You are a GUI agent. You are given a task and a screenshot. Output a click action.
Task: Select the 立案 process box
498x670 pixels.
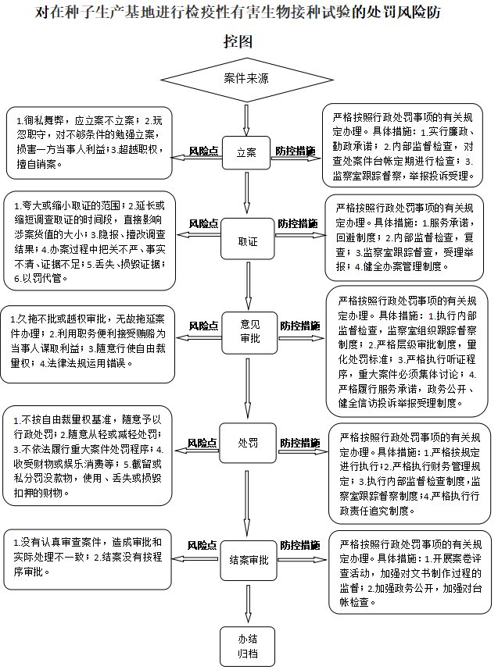pos(246,152)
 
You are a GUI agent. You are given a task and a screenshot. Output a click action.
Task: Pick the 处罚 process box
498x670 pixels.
pos(246,443)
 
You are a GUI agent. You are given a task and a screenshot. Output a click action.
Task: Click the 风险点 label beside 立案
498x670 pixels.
pos(203,151)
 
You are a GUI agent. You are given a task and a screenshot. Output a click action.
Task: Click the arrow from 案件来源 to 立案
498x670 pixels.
pos(246,119)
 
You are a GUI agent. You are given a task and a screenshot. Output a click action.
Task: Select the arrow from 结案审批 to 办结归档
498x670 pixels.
pos(248,601)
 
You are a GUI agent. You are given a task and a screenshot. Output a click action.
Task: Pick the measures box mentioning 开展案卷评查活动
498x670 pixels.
pos(410,572)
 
